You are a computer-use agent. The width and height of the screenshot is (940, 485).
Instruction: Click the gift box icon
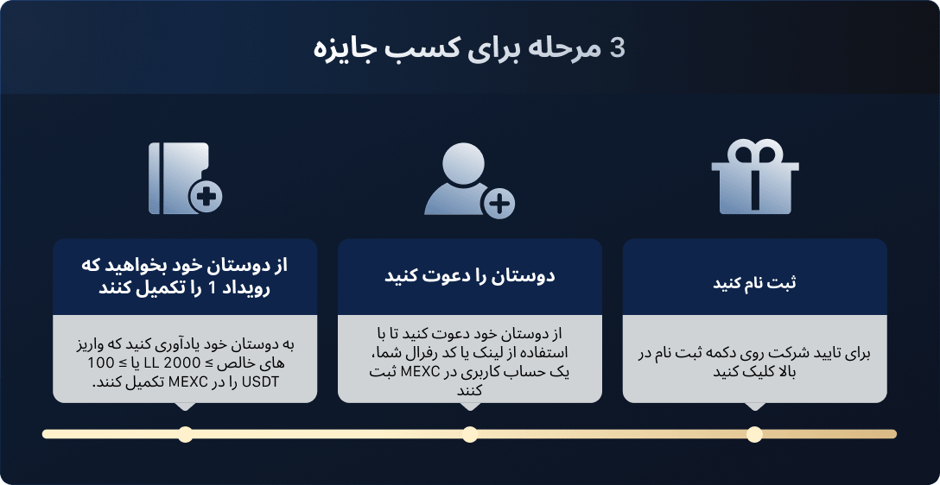coord(755,177)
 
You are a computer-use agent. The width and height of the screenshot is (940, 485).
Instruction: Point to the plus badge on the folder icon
coord(206,196)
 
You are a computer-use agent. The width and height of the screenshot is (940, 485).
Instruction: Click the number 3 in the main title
coord(617,48)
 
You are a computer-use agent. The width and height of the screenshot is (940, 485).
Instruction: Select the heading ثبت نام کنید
coord(754,282)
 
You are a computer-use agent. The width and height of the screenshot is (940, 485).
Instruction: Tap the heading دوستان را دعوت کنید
coord(469,277)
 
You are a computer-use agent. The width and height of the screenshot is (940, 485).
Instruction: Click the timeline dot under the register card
coord(754,434)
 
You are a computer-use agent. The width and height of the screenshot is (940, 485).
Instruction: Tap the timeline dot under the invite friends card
coord(470,434)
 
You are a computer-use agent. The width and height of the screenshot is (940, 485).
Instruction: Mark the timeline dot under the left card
coord(185,434)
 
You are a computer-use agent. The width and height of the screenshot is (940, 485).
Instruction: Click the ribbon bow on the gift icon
coord(755,151)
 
